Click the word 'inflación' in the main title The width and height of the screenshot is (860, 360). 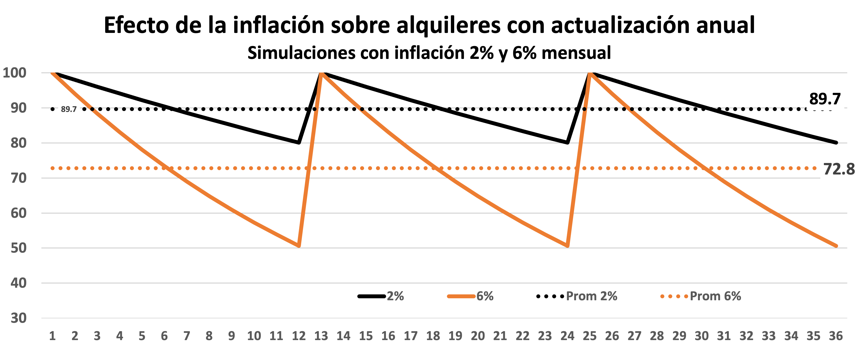pyautogui.click(x=278, y=25)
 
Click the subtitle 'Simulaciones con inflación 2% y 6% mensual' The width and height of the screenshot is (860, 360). pyautogui.click(x=429, y=53)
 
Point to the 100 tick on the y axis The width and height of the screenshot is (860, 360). pyautogui.click(x=15, y=73)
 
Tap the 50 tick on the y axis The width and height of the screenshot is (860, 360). pyautogui.click(x=18, y=248)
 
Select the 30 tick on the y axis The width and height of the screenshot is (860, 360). pyautogui.click(x=18, y=318)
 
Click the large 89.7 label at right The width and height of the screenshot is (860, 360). pyautogui.click(x=825, y=99)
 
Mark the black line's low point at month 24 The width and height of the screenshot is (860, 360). pyautogui.click(x=568, y=143)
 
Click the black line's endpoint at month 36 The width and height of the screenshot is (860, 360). pyautogui.click(x=836, y=143)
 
